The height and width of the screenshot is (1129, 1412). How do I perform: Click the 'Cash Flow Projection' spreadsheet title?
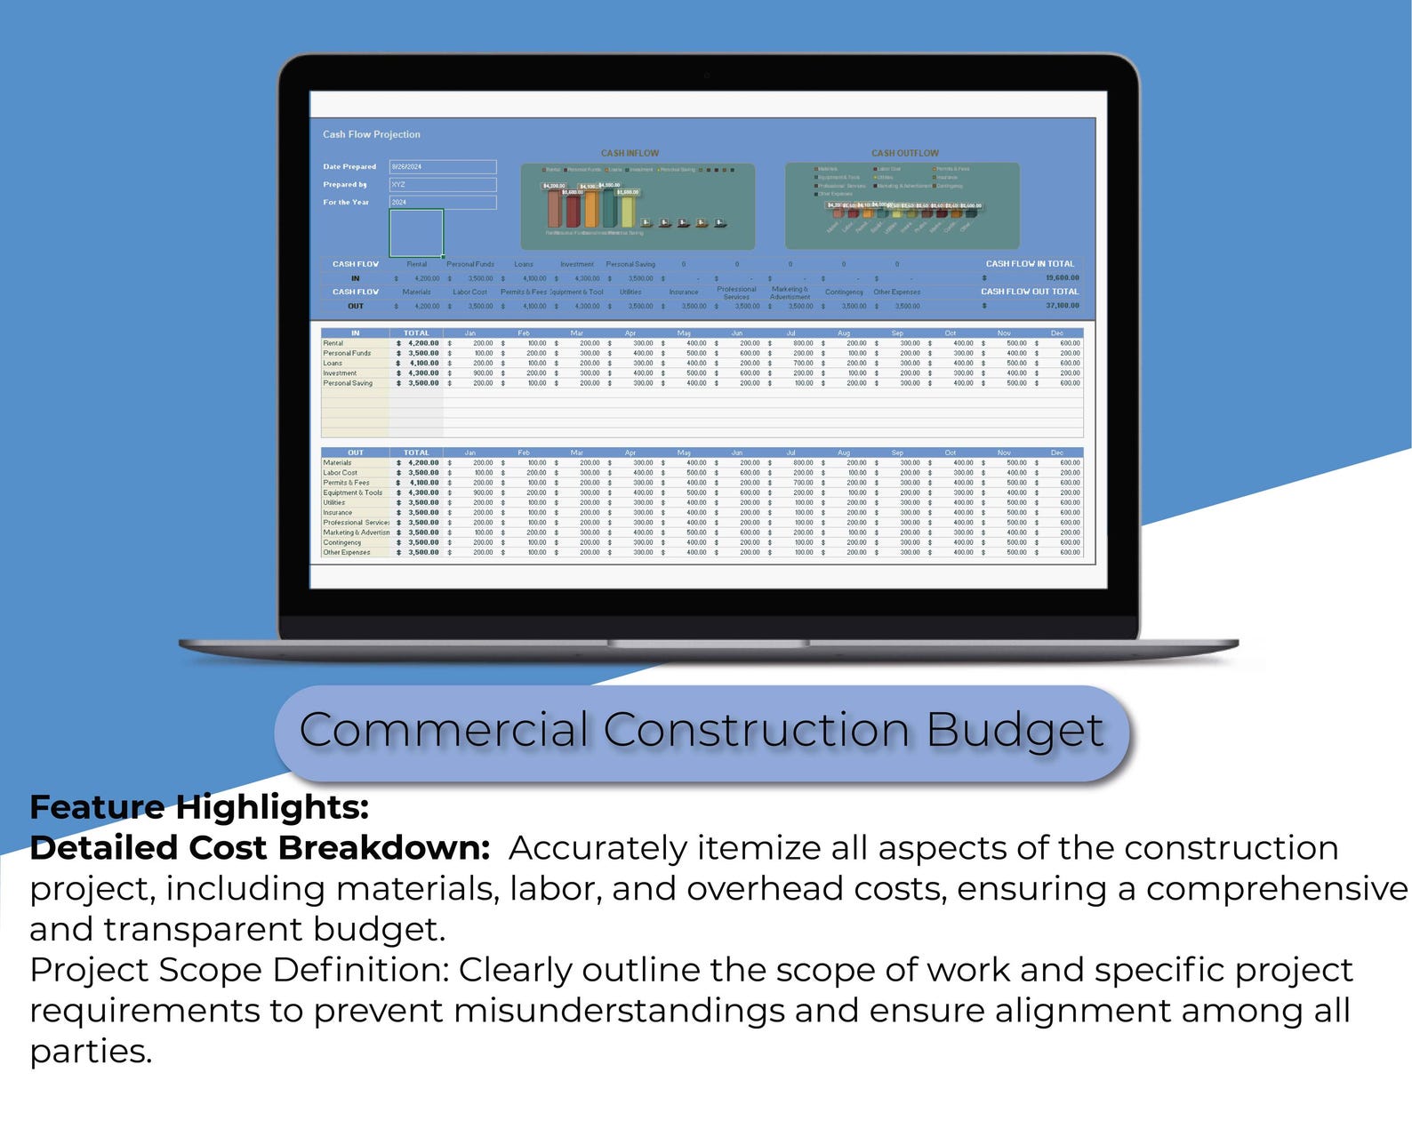[x=371, y=134]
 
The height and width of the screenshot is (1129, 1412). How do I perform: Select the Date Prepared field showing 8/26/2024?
[x=442, y=167]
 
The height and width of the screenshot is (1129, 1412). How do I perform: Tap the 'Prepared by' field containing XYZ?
[x=442, y=185]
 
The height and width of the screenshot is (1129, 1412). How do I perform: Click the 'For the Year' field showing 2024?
[x=442, y=203]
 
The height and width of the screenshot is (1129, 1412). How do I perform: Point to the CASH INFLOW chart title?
[x=630, y=153]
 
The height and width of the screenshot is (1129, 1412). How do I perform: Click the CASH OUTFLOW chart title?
[x=904, y=153]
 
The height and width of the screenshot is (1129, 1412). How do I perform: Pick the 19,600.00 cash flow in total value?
[x=1062, y=278]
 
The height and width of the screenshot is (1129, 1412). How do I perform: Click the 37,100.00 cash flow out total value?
[x=1062, y=306]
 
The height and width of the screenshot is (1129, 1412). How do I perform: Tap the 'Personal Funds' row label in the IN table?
[x=347, y=354]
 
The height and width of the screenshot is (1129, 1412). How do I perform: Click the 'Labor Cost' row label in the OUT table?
[x=340, y=473]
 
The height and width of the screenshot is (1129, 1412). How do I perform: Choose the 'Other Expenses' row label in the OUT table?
[x=346, y=553]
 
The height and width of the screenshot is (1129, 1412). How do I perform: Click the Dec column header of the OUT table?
[x=1056, y=452]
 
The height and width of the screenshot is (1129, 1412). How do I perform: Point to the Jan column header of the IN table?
[x=469, y=333]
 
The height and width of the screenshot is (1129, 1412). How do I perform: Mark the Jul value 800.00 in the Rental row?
[x=802, y=343]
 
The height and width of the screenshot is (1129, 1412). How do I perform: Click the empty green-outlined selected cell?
[x=416, y=233]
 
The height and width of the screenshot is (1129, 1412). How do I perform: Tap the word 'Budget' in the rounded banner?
[x=1014, y=731]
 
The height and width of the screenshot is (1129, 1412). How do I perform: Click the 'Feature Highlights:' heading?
[x=199, y=807]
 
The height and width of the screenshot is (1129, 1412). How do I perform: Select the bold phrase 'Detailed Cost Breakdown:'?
[x=260, y=848]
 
